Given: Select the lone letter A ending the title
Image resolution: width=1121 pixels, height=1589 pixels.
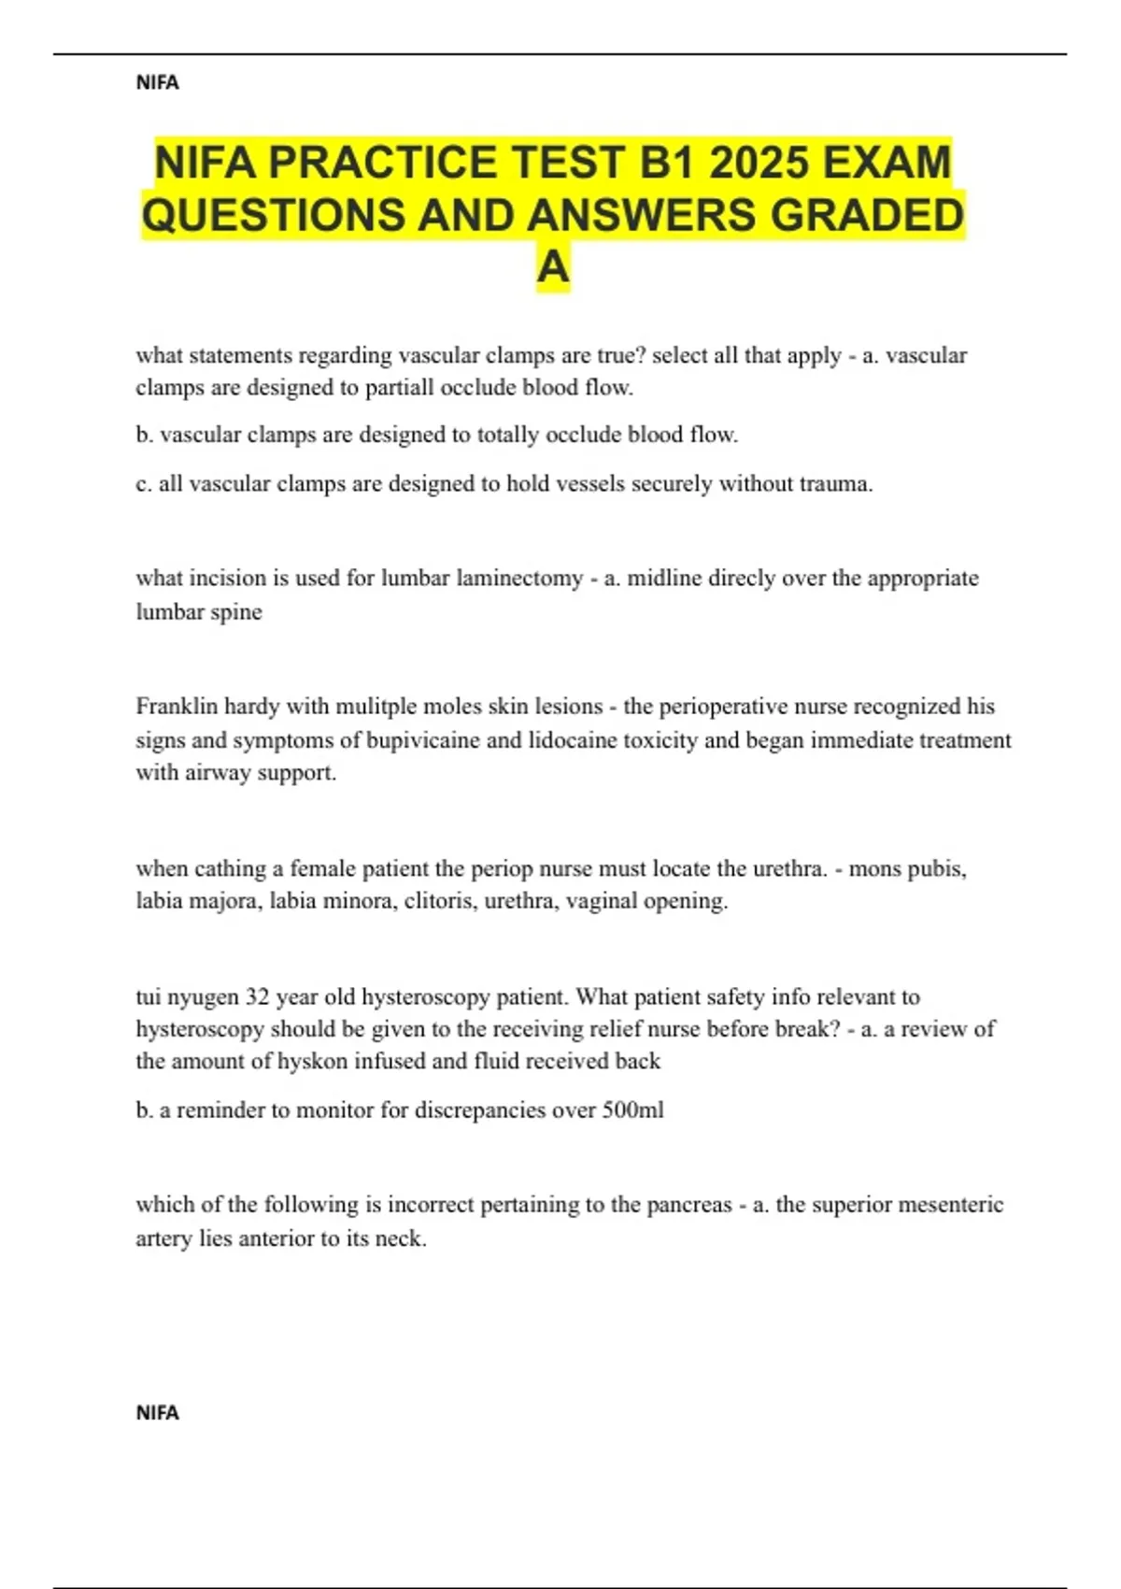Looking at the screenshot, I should pyautogui.click(x=553, y=267).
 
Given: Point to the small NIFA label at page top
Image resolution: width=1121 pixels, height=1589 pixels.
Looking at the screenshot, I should pyautogui.click(x=157, y=83).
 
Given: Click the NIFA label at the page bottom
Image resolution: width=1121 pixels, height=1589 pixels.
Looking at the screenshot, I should pyautogui.click(x=157, y=1412).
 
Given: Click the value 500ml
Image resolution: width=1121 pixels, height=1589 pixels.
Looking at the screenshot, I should pyautogui.click(x=632, y=1109).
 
